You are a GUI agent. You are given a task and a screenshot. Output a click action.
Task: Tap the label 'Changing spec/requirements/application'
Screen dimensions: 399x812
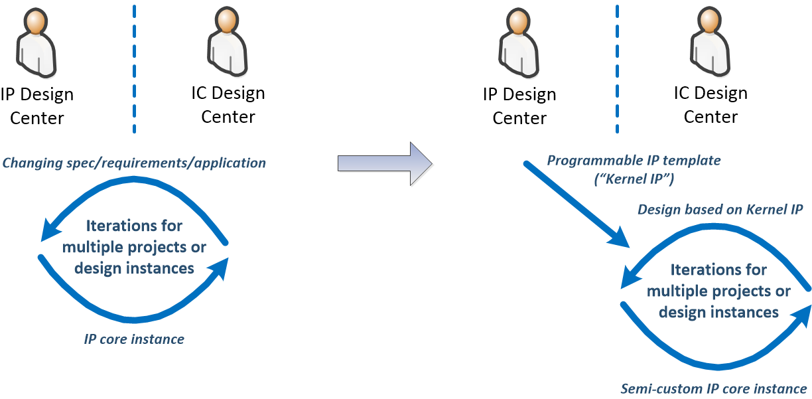(x=135, y=163)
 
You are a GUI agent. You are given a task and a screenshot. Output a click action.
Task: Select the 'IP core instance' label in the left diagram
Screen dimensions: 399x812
(x=134, y=339)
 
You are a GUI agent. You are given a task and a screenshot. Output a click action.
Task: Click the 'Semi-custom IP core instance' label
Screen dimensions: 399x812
(x=714, y=388)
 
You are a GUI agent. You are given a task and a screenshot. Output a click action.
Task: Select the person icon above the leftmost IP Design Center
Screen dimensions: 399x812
(x=36, y=44)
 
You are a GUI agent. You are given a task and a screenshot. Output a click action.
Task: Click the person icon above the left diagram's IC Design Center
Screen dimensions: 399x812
(x=227, y=41)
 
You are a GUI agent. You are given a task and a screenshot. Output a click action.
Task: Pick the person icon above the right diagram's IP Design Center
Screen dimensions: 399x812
(x=518, y=43)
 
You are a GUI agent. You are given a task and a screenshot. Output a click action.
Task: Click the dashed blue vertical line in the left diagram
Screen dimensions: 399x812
(x=134, y=70)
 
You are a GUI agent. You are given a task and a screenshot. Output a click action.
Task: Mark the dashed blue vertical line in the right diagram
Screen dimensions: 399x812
(x=617, y=70)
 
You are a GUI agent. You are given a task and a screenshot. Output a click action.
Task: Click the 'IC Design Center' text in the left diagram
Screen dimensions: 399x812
(x=228, y=105)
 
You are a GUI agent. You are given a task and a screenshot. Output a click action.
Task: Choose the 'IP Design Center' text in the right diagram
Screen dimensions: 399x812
(x=519, y=106)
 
